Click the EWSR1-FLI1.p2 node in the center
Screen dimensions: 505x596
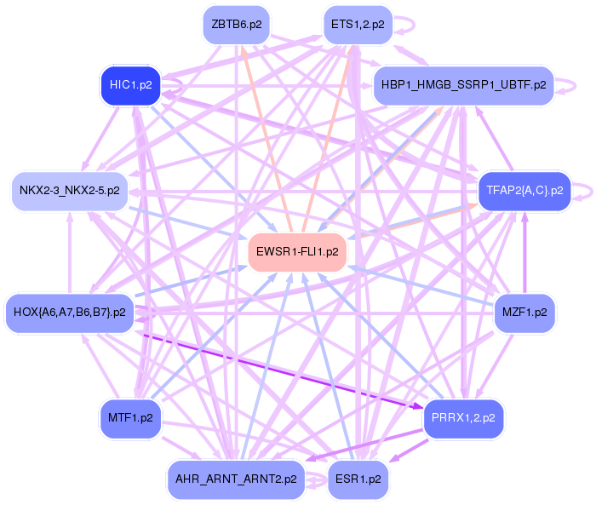297,252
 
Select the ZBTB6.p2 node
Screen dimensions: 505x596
236,25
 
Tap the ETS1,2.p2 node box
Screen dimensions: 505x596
357,25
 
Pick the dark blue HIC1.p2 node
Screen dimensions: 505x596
130,85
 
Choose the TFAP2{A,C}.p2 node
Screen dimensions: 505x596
524,191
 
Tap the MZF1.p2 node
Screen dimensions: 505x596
524,313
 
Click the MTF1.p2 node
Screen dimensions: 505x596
130,418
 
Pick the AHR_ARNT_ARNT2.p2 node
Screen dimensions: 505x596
236,479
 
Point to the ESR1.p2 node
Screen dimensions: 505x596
357,479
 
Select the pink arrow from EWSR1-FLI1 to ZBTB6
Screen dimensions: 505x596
266,136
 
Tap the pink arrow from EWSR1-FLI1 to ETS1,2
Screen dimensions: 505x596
328,136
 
